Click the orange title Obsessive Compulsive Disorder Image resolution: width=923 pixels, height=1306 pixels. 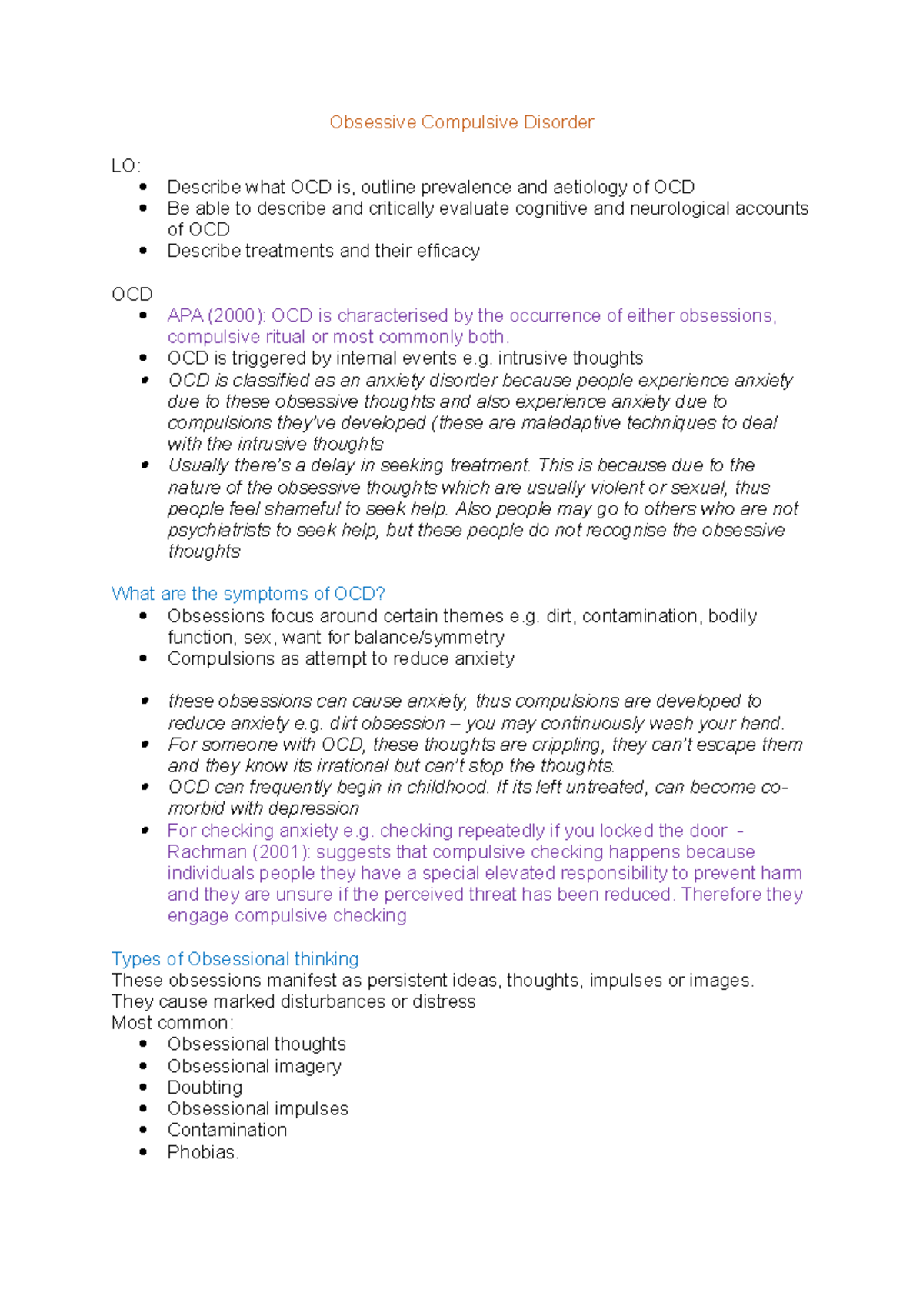(461, 122)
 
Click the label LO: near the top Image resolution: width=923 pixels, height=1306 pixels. (125, 165)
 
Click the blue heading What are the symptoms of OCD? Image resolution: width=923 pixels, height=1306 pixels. (248, 594)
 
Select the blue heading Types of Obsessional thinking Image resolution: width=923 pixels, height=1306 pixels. (235, 959)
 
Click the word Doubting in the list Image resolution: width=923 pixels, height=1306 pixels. (205, 1088)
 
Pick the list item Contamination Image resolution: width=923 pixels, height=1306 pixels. (227, 1130)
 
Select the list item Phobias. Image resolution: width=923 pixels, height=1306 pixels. (202, 1152)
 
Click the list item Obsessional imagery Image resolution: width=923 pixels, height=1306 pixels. (254, 1066)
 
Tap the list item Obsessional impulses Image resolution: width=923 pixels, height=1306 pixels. (258, 1108)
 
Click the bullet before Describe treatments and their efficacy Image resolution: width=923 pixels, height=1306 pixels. (143, 251)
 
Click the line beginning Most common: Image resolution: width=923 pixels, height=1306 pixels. (172, 1023)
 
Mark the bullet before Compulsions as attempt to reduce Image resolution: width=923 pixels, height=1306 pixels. (143, 659)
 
